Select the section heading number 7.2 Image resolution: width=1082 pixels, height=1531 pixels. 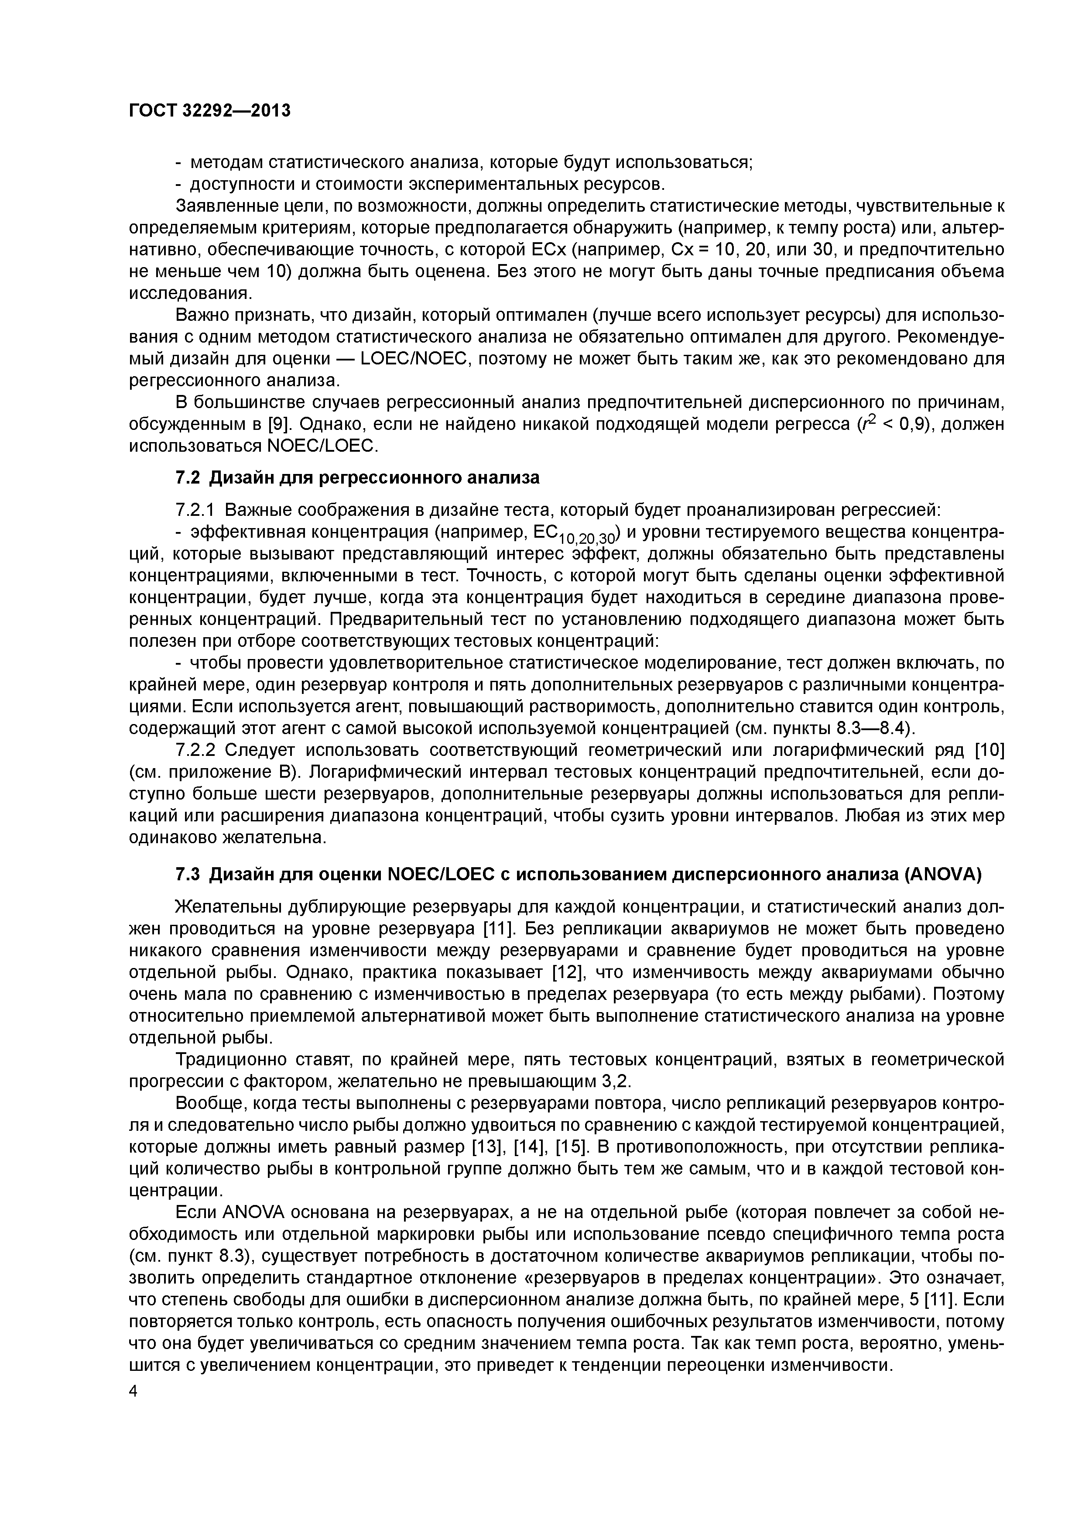[x=188, y=478]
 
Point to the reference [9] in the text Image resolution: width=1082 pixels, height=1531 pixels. [x=276, y=424]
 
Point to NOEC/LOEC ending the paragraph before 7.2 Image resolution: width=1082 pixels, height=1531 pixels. [x=319, y=446]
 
